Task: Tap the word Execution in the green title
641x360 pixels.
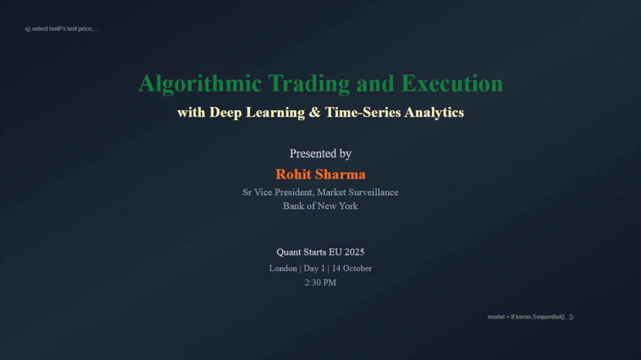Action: [451, 83]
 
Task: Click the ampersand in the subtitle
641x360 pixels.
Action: [315, 113]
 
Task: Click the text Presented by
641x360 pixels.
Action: [320, 153]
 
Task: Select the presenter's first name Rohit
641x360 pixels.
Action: [296, 174]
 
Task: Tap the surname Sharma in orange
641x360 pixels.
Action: [342, 174]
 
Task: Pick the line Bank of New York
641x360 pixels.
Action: [320, 206]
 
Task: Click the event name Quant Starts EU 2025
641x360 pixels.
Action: [320, 252]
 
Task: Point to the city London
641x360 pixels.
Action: [283, 268]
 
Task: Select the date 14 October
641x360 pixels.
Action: [352, 268]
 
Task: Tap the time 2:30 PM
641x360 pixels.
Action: [320, 282]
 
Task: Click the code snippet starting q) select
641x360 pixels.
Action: [61, 29]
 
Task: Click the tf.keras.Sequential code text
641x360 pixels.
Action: [530, 317]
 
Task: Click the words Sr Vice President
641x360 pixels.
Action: [278, 192]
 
